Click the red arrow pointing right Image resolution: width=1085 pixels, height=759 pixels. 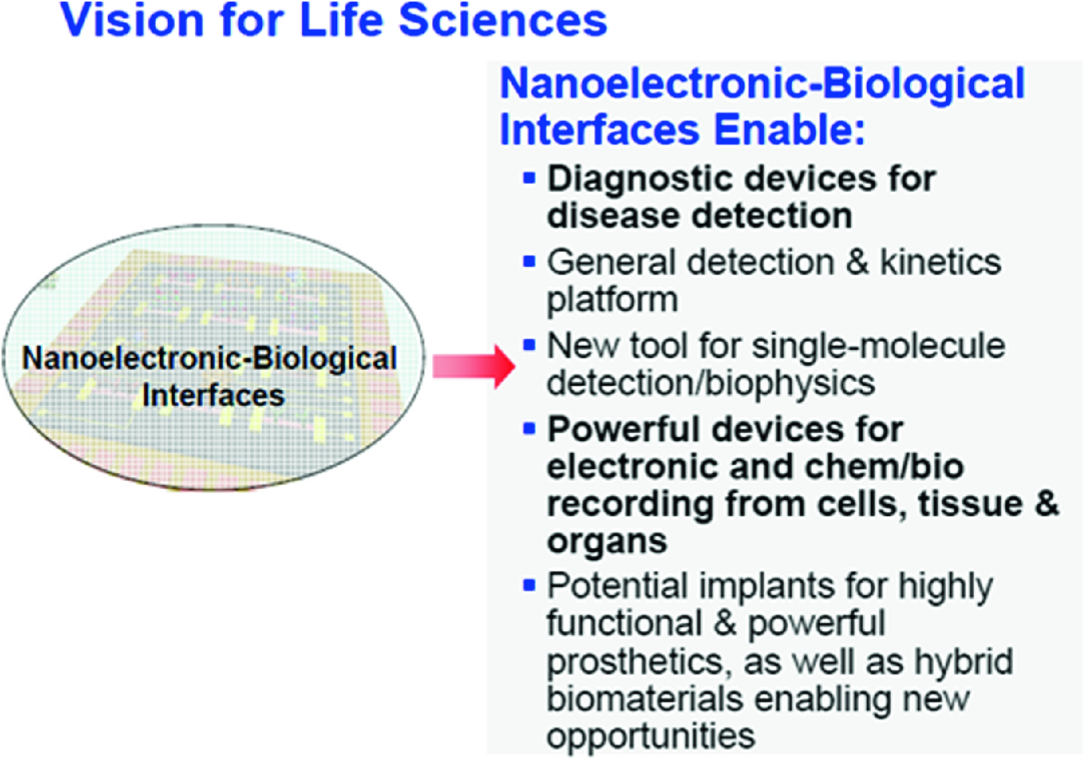[x=473, y=367]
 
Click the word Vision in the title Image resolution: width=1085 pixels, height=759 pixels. [x=133, y=20]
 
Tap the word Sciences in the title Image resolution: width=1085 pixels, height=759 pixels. [x=503, y=20]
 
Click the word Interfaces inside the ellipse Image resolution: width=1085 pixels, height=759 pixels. [x=213, y=395]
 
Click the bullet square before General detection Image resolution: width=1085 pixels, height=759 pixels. [x=529, y=261]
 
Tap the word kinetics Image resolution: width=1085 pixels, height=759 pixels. [x=940, y=262]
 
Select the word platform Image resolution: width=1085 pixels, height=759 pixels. [x=612, y=301]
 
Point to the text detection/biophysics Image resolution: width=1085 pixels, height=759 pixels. [x=711, y=383]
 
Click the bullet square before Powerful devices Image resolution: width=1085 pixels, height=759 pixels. [x=529, y=428]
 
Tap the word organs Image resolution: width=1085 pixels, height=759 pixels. [x=607, y=542]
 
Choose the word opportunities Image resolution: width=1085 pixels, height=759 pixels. [x=651, y=737]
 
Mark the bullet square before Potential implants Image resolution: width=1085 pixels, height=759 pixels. [x=529, y=585]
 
